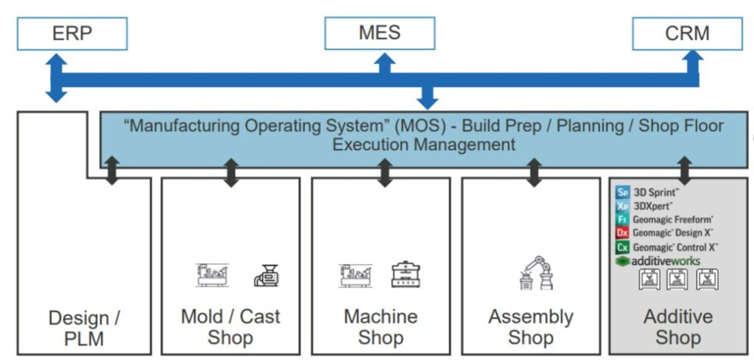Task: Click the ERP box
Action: pyautogui.click(x=72, y=34)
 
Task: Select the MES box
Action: pyautogui.click(x=379, y=33)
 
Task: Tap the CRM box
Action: pyautogui.click(x=687, y=34)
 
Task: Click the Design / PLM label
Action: pyautogui.click(x=84, y=328)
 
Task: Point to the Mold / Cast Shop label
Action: pyautogui.click(x=230, y=327)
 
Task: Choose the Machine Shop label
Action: pyautogui.click(x=381, y=327)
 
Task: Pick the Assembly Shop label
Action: pyautogui.click(x=531, y=327)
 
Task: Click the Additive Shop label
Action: pyautogui.click(x=678, y=327)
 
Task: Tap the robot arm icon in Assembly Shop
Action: pyautogui.click(x=535, y=273)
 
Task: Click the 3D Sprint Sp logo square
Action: pyautogui.click(x=623, y=193)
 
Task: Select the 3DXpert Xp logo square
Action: pyautogui.click(x=623, y=206)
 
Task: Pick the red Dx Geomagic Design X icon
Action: pyautogui.click(x=623, y=233)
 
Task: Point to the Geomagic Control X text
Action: pyautogui.click(x=675, y=247)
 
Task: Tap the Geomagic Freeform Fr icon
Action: pyautogui.click(x=623, y=219)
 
